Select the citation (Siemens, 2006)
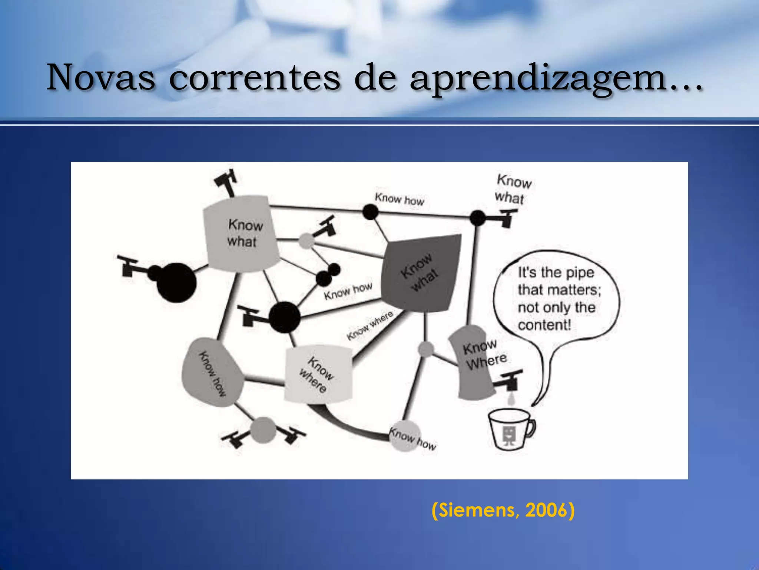503,510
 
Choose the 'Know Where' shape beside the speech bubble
474,362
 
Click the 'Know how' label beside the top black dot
399,199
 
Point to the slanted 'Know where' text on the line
369,325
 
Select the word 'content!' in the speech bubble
544,325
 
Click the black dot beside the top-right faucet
477,218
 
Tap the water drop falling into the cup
511,400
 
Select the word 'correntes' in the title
254,78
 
